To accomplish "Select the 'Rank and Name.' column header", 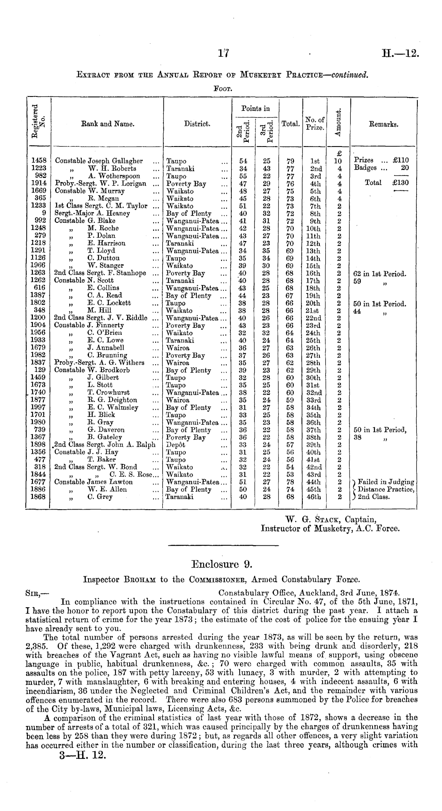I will [108, 124].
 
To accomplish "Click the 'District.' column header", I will [197, 124].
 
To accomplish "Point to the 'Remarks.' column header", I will [384, 124].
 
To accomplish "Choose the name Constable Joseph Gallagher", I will [99, 161].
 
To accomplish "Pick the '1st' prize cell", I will [315, 161].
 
